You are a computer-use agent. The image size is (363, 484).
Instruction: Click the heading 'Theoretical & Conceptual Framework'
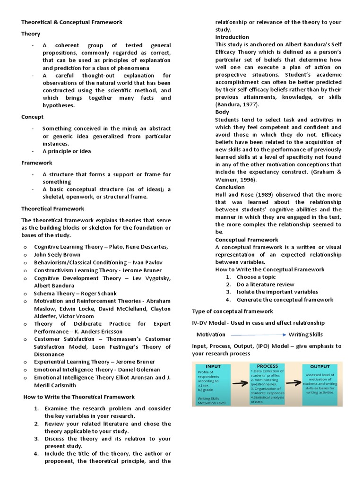pyautogui.click(x=72, y=22)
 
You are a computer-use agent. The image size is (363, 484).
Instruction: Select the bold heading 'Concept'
pyautogui.click(x=32, y=117)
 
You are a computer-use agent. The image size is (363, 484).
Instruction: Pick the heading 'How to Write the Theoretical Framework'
pyautogui.click(x=79, y=397)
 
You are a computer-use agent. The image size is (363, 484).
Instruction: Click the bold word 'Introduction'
pyautogui.click(x=232, y=37)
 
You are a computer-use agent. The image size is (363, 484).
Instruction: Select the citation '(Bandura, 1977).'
pyautogui.click(x=238, y=104)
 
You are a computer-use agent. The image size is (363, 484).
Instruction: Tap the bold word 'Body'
pyautogui.click(x=222, y=112)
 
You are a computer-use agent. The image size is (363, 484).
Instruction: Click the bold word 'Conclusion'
pyautogui.click(x=230, y=187)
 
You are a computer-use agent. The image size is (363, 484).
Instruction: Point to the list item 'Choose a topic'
pyautogui.click(x=256, y=277)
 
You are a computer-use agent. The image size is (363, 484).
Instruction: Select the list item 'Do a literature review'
pyautogui.click(x=265, y=285)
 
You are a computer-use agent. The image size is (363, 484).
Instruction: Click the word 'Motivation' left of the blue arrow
pyautogui.click(x=211, y=335)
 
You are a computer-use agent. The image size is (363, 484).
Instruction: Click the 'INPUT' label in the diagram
pyautogui.click(x=213, y=366)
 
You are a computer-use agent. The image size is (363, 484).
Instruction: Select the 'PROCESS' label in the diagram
pyautogui.click(x=268, y=366)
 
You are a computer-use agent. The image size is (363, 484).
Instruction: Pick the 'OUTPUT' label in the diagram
pyautogui.click(x=320, y=366)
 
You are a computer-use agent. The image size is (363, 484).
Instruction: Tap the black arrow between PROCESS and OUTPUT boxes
pyautogui.click(x=295, y=384)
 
